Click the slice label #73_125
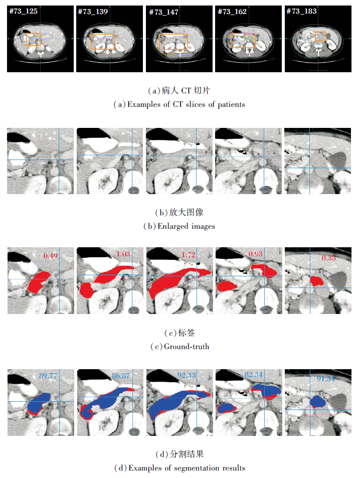click(23, 11)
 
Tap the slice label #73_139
click(93, 12)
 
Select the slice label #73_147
click(163, 12)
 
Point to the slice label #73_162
click(232, 12)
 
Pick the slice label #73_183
click(301, 11)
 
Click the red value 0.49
click(50, 256)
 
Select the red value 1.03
click(123, 254)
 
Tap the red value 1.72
click(189, 254)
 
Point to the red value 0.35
click(328, 258)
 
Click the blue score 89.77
click(48, 376)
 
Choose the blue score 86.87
click(120, 376)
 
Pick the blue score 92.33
click(187, 375)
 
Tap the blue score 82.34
click(253, 374)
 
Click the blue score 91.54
click(325, 379)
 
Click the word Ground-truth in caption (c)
click(187, 347)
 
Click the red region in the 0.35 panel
click(316, 281)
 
